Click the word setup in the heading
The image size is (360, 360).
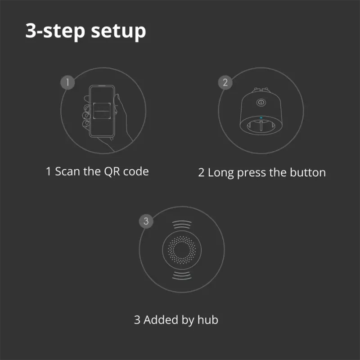pos(118,32)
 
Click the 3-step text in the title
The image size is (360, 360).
pos(54,31)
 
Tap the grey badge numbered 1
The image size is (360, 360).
pos(67,82)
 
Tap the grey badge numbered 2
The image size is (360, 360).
pos(225,82)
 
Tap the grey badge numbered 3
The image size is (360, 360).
pos(146,221)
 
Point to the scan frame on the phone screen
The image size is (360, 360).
pos(103,110)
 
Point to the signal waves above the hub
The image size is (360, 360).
pos(182,225)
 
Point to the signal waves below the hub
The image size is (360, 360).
pos(182,276)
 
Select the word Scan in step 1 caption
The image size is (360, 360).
pos(67,172)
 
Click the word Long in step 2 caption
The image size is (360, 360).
pos(220,172)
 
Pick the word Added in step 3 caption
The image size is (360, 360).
pos(160,320)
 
